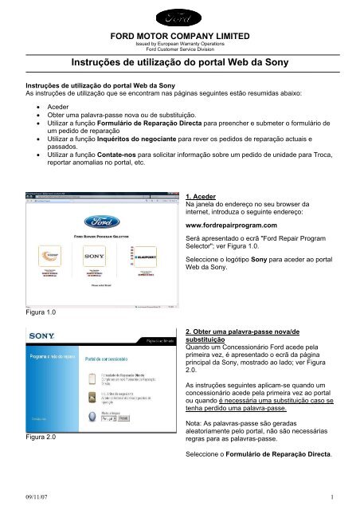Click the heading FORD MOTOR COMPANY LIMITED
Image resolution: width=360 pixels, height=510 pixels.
click(179, 36)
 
